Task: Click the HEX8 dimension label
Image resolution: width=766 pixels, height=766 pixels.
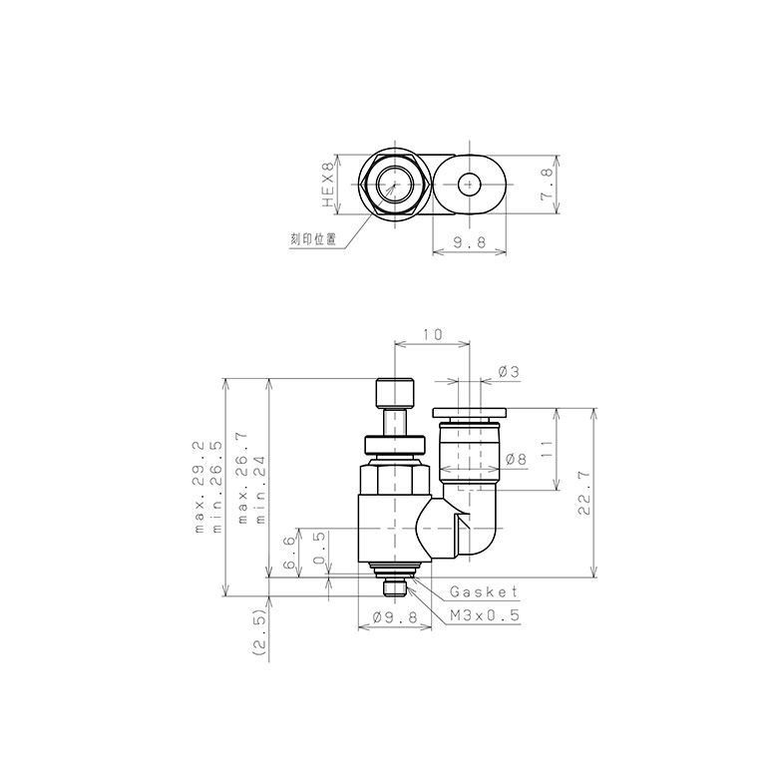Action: pos(326,186)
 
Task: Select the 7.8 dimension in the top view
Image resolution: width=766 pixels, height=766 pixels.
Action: pos(546,186)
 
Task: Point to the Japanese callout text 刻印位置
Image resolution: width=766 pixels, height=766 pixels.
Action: pos(312,239)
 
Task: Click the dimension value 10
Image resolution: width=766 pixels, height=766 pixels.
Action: pos(432,335)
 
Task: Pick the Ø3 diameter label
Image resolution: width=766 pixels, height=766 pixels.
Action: pos(508,372)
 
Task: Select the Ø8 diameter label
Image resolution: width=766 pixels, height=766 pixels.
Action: pos(516,459)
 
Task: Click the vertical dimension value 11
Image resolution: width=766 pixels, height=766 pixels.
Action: pos(546,449)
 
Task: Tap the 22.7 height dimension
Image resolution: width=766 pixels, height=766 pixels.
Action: pos(584,493)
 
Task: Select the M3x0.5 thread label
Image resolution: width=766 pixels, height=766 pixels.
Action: pos(485,616)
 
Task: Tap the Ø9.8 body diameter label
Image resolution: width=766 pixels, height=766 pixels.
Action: pos(391,616)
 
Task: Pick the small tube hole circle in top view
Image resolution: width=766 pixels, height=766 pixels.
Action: pos(469,185)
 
